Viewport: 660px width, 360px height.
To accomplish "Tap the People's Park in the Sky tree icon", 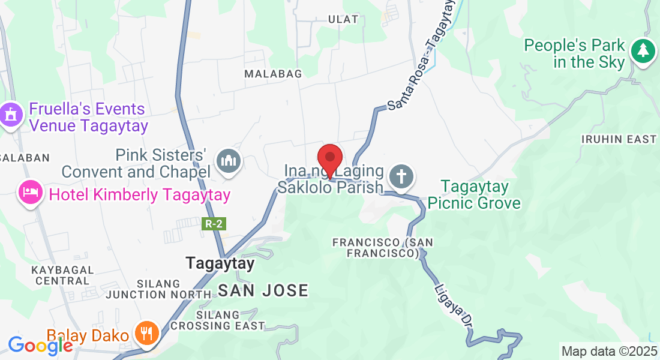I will tap(643, 52).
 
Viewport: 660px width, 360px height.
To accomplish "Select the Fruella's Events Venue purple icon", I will tap(11, 115).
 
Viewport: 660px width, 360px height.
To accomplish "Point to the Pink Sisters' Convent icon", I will tap(229, 161).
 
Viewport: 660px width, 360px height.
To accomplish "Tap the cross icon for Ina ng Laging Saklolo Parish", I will tap(401, 177).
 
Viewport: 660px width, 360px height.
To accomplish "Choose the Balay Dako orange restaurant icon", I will tap(146, 333).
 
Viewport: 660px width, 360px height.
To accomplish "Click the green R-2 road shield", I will tap(214, 224).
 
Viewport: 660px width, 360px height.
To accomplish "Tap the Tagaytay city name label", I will tap(220, 263).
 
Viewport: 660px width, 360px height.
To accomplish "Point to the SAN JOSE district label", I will tap(263, 291).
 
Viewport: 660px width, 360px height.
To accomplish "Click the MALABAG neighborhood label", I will tap(273, 73).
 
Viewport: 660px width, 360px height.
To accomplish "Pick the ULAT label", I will tap(343, 19).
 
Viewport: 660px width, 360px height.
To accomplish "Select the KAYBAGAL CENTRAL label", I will tap(62, 275).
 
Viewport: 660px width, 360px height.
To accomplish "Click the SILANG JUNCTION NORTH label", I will tap(158, 289).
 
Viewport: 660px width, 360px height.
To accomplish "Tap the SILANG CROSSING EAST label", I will tap(217, 320).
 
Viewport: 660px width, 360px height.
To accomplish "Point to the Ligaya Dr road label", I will tap(452, 304).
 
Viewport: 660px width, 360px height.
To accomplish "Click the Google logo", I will tap(40, 346).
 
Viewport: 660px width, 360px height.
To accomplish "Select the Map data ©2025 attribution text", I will tap(608, 351).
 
